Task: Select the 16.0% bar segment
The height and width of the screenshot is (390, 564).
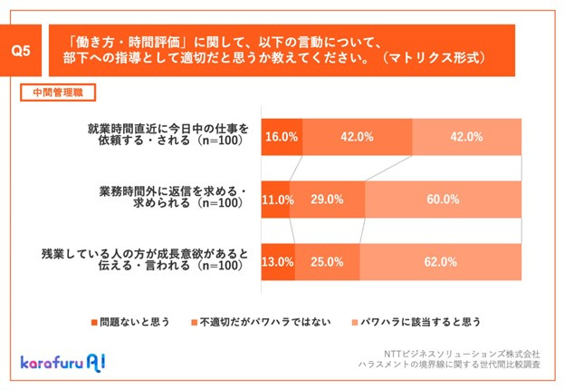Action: (282, 137)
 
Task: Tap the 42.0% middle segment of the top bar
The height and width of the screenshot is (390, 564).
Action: (358, 137)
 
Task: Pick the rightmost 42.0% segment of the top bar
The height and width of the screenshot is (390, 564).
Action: (467, 137)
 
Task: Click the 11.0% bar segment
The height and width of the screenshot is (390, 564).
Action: (275, 200)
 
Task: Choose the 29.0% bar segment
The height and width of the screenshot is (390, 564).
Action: (326, 200)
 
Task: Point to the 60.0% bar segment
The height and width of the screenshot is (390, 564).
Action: (444, 200)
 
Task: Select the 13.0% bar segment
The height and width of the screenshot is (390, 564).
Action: (278, 262)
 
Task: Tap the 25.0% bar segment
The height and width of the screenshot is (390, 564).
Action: (327, 262)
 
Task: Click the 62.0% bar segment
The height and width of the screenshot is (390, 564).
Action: (441, 262)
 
